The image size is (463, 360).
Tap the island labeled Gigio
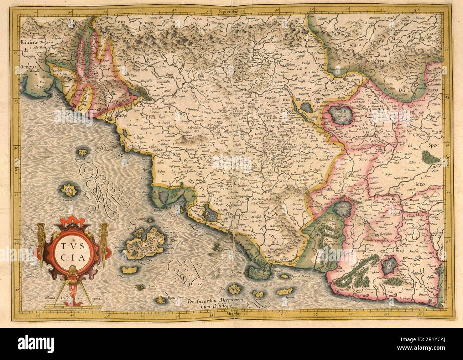point(233,288)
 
